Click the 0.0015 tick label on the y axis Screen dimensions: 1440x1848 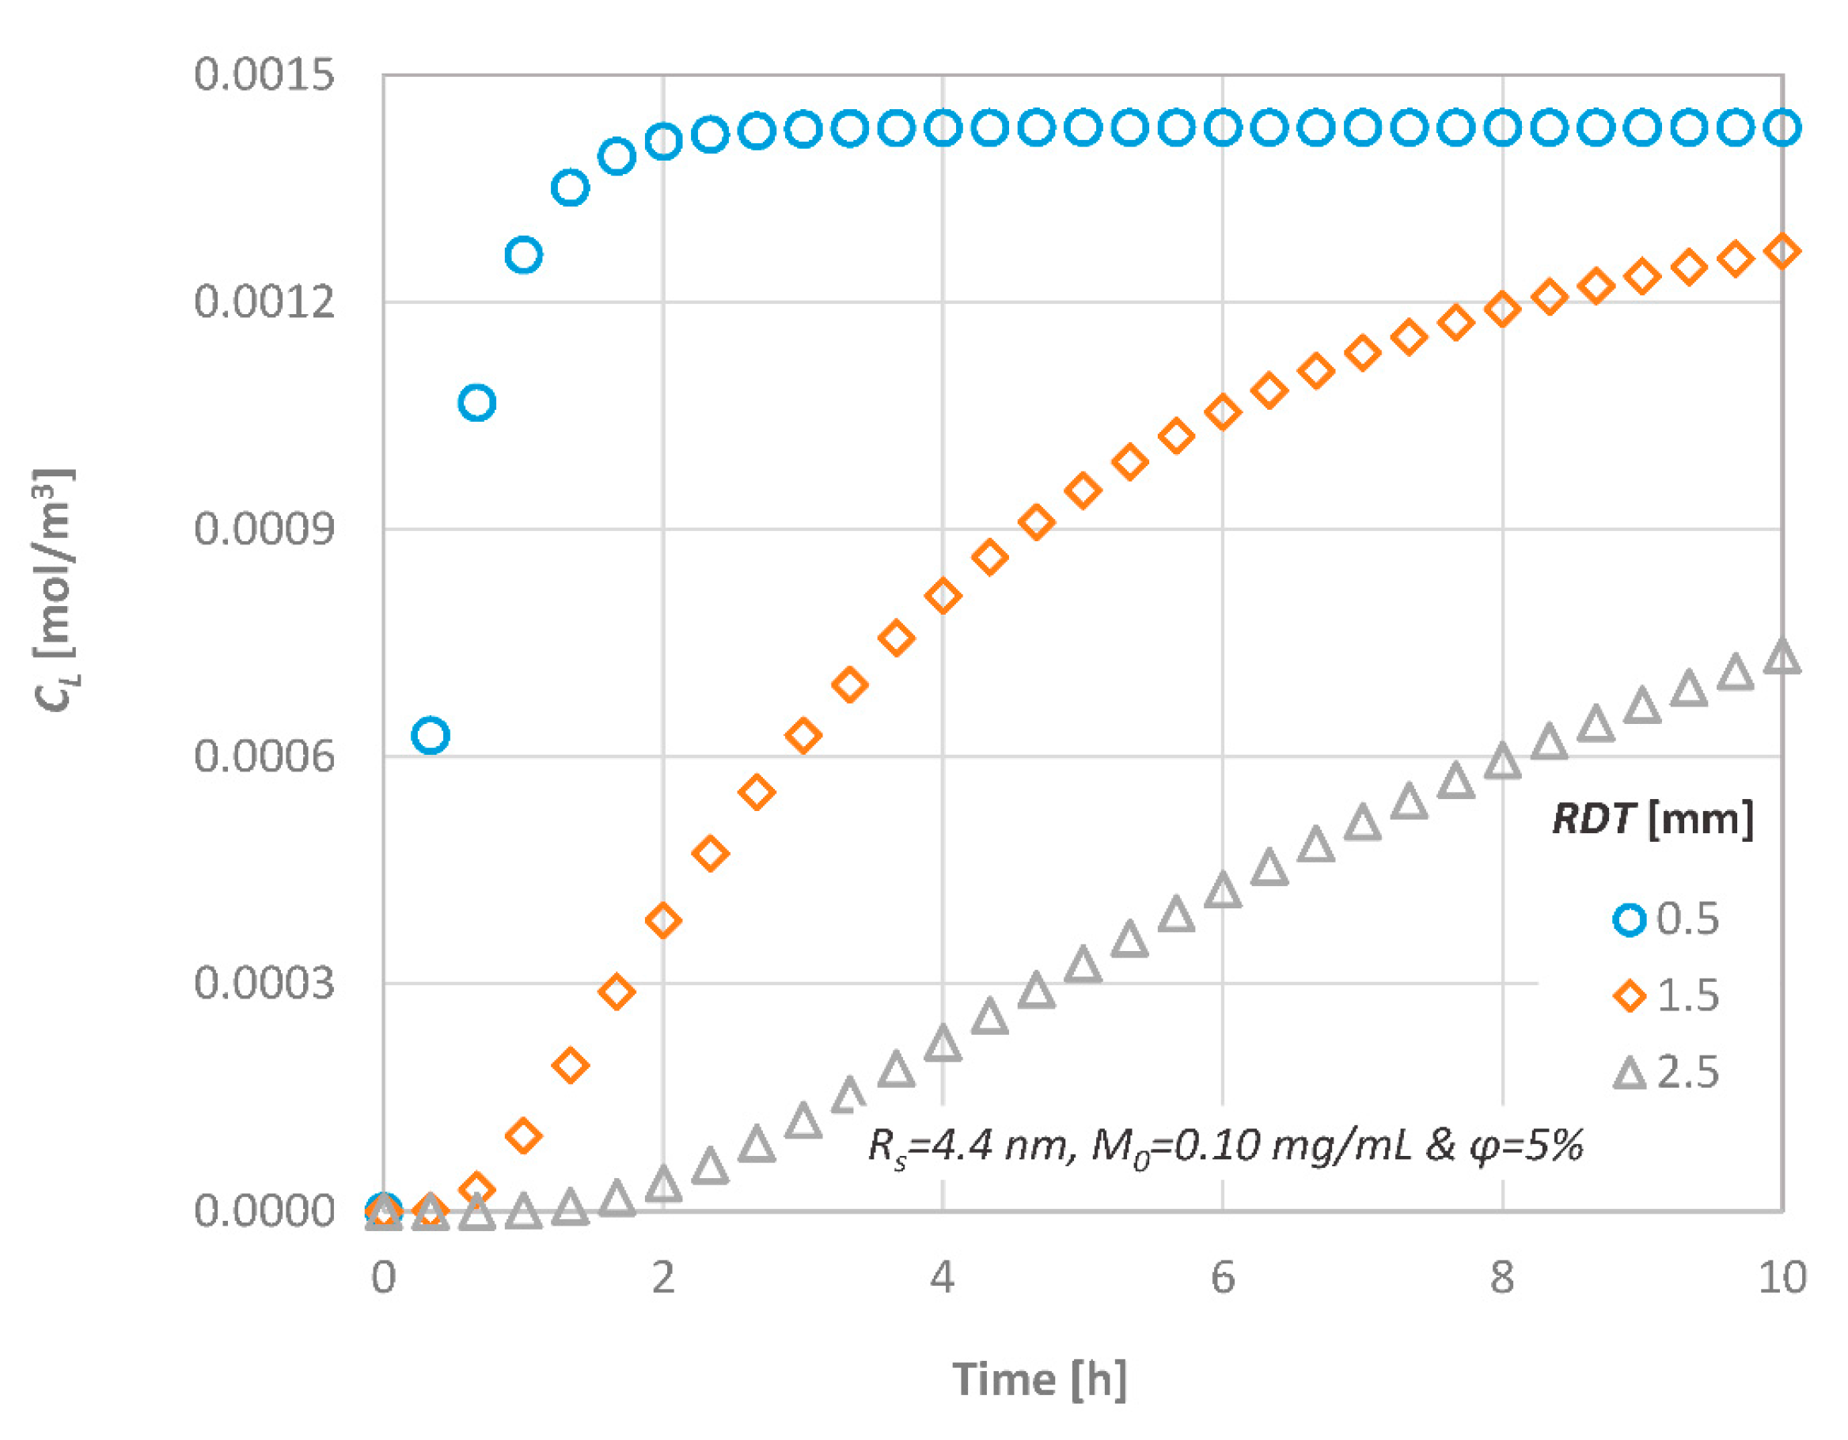point(264,74)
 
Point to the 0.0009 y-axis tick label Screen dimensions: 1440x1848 point(264,529)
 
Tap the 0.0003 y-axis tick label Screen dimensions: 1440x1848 point(264,983)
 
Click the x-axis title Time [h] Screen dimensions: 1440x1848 point(1040,1380)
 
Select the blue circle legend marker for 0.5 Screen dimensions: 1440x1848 point(1629,919)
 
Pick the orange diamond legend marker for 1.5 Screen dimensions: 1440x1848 point(1629,996)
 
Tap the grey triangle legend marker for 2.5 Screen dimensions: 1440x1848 point(1629,1073)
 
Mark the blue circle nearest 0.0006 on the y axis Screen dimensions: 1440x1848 point(430,735)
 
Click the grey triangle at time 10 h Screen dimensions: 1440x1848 point(1782,657)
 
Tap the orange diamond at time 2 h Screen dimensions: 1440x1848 point(662,919)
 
